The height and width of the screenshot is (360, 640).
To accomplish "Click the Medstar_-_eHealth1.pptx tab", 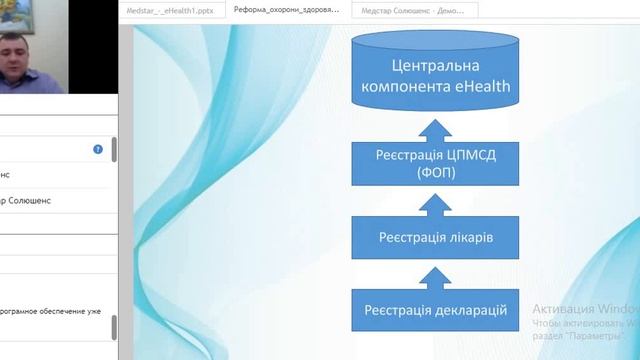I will [171, 10].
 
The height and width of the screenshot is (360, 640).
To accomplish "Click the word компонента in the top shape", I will [406, 87].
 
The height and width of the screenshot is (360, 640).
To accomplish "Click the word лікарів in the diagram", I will [467, 238].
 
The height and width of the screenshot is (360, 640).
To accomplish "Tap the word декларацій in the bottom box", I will [467, 311].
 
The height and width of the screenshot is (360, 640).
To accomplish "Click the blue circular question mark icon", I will [98, 149].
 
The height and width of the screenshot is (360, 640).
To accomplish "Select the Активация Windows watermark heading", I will [585, 308].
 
